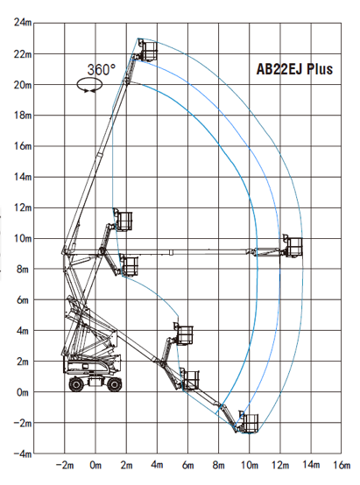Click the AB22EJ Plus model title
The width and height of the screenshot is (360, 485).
[294, 69]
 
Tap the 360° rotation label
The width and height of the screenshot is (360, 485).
[102, 69]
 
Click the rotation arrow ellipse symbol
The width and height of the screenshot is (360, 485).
[89, 84]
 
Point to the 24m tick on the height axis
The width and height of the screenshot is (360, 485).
[23, 23]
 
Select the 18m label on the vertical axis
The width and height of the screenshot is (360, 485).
[23, 115]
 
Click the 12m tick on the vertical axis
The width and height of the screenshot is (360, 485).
[23, 207]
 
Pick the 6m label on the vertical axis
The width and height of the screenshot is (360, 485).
[23, 299]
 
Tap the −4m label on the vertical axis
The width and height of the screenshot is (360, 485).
[23, 453]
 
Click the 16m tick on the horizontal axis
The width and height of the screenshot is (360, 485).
[342, 465]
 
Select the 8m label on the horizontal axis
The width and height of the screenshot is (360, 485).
[218, 465]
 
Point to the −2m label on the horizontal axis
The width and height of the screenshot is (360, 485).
[65, 465]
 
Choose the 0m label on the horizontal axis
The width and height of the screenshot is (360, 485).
[95, 465]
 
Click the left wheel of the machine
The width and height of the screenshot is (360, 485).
[76, 384]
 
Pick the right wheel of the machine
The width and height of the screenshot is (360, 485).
[114, 384]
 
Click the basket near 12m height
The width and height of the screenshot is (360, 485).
[124, 221]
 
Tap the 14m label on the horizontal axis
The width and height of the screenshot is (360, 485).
[311, 465]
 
